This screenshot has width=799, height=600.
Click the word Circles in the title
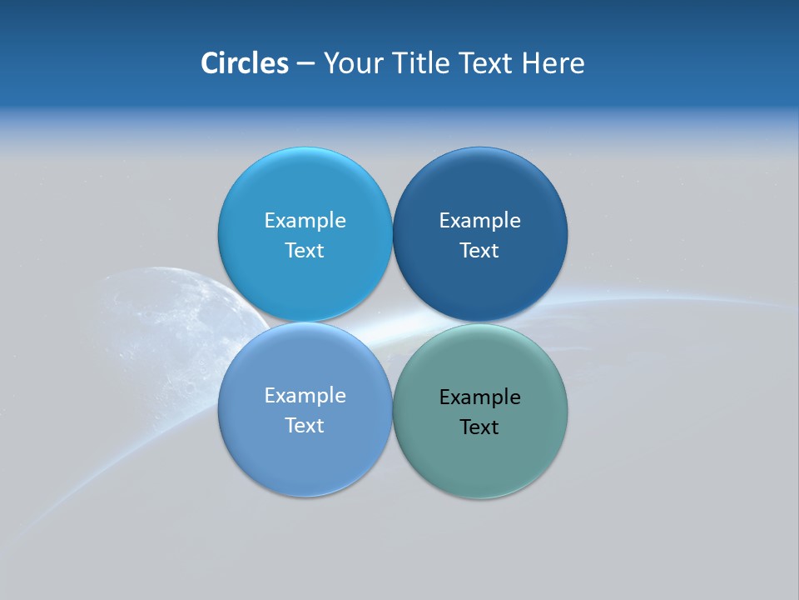244,63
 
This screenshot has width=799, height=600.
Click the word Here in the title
553,63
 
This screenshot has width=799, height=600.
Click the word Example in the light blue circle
305,220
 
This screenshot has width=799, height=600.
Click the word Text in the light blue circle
305,250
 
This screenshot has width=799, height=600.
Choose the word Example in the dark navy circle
479,220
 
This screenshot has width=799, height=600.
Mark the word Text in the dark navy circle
479,250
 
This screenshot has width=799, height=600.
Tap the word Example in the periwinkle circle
305,395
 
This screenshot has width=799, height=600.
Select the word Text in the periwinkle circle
305,425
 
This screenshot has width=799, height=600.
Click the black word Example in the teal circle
479,397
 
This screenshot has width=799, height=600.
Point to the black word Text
479,427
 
